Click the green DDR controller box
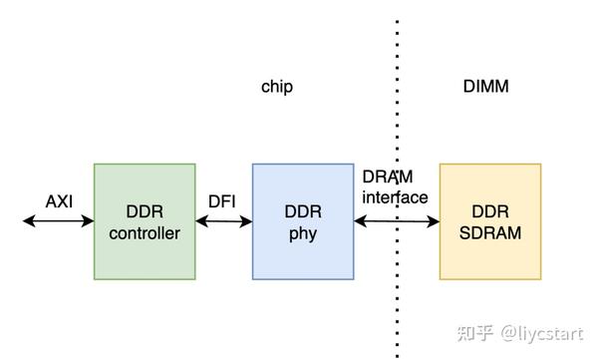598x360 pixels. pyautogui.click(x=145, y=221)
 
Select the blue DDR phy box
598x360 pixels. pyautogui.click(x=303, y=221)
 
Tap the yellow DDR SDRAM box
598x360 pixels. pyautogui.click(x=490, y=221)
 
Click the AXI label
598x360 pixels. pyautogui.click(x=60, y=201)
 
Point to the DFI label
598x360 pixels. pyautogui.click(x=221, y=201)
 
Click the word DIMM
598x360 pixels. pyautogui.click(x=486, y=87)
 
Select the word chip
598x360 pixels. pyautogui.click(x=277, y=87)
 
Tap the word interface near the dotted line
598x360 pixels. pyautogui.click(x=395, y=197)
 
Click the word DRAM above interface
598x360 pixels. pyautogui.click(x=389, y=177)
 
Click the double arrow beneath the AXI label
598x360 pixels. pyautogui.click(x=59, y=221)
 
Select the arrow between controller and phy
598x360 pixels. pyautogui.click(x=223, y=221)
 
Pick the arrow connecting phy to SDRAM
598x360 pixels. pyautogui.click(x=397, y=221)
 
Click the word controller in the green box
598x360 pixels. pyautogui.click(x=145, y=233)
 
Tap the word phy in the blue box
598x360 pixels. pyautogui.click(x=303, y=233)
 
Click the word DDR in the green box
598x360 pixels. pyautogui.click(x=145, y=211)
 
